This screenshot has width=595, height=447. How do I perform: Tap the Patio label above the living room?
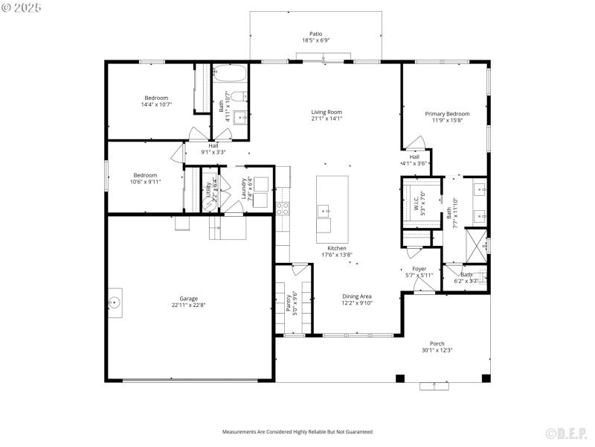[x=316, y=34]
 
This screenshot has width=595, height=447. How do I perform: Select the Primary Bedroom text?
[x=444, y=114]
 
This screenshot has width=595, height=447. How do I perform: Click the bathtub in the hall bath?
[x=231, y=73]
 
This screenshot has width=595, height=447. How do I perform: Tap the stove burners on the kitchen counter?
[x=283, y=208]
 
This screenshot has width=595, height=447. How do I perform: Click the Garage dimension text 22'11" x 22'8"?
[x=188, y=305]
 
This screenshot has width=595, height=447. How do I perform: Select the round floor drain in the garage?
[x=115, y=302]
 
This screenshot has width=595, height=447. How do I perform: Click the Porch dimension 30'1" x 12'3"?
[x=437, y=350]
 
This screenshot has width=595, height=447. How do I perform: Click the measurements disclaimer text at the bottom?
[x=297, y=431]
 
